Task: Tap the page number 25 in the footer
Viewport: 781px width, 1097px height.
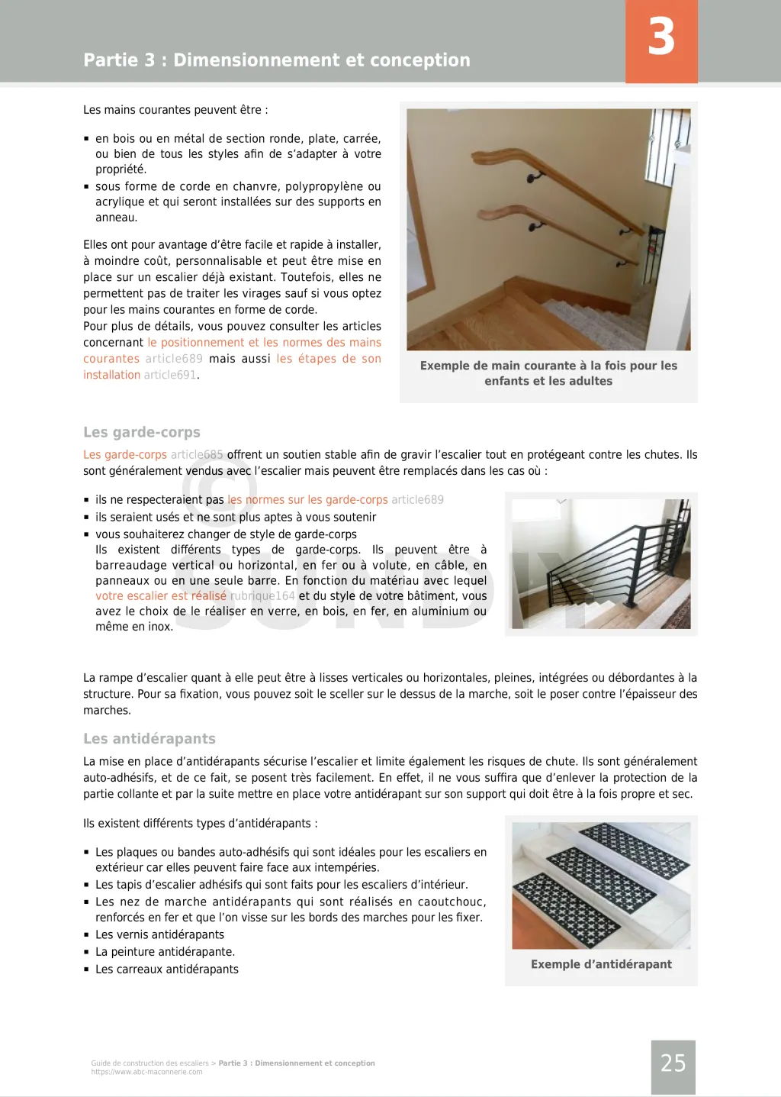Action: pos(673,1063)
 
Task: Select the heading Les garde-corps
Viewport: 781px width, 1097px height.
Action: pos(142,432)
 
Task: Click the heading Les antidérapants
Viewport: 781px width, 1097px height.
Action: pos(149,738)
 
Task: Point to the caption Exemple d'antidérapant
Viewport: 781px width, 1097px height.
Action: pos(601,964)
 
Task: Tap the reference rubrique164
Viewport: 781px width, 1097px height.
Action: pos(262,595)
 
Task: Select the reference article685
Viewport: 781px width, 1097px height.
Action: pos(197,454)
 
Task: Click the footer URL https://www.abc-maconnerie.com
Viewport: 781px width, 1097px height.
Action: pos(147,1072)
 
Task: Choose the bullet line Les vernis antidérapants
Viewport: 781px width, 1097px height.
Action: pos(159,934)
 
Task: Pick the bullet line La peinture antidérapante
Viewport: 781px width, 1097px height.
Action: pos(165,952)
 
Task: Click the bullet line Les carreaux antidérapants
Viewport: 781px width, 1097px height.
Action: pos(166,970)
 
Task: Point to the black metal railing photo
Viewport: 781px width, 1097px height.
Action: pos(601,563)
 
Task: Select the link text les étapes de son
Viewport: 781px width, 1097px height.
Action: pos(329,359)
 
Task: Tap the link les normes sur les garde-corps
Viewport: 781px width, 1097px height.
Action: pos(307,500)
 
